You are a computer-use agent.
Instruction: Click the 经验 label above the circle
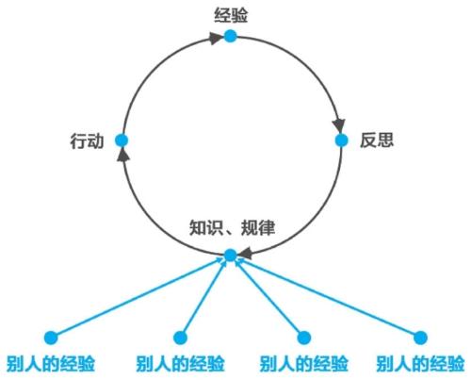point(231,15)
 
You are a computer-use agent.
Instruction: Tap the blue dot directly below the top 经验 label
point(230,36)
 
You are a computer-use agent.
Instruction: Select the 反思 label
point(377,140)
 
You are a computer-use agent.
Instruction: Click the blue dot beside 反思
point(341,140)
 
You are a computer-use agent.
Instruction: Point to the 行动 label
point(87,140)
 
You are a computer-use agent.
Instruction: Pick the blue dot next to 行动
point(122,140)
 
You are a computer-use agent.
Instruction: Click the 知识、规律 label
point(233,227)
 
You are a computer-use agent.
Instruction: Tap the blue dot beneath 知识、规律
point(231,256)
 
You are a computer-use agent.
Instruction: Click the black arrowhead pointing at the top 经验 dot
point(216,38)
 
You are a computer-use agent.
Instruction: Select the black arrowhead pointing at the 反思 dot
point(339,125)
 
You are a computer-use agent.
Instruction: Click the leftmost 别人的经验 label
point(51,364)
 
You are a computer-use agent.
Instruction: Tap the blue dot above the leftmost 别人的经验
point(51,338)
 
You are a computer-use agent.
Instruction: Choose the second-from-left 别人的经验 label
point(180,364)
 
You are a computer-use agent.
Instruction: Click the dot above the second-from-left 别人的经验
point(180,338)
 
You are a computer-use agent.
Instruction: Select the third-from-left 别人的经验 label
point(303,364)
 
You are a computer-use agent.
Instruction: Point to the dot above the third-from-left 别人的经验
point(304,338)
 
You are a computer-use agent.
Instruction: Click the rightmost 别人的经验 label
point(420,364)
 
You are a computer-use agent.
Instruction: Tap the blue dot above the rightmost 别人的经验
point(420,338)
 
